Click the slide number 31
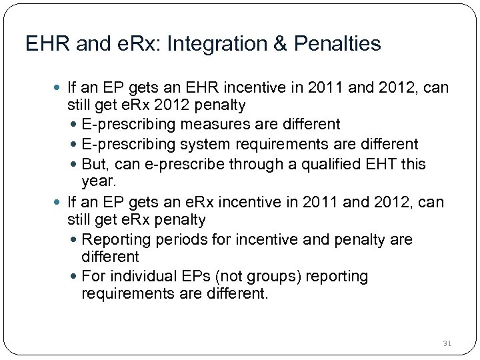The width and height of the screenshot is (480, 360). [447, 343]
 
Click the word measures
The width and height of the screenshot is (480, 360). [214, 125]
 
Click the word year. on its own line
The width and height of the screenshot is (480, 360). [99, 181]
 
